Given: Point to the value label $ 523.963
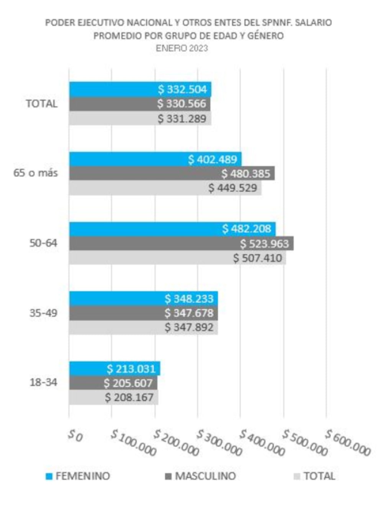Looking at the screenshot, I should [264, 244].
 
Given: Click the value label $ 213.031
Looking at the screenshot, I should [131, 369].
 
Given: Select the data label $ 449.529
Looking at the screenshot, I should [232, 188].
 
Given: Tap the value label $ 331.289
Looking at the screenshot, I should [182, 119].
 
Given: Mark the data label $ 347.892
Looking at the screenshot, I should [189, 328].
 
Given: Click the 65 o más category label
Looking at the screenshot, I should [36, 173].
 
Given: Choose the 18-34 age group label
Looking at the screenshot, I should [43, 382].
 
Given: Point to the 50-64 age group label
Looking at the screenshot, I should [43, 243].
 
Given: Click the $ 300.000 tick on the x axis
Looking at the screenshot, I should [219, 443].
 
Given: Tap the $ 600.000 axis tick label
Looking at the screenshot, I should [348, 443].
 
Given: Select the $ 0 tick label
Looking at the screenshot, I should [75, 436].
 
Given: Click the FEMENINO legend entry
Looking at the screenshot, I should [78, 476].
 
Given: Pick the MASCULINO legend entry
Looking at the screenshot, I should [200, 476].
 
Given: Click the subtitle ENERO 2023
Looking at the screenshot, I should [182, 48].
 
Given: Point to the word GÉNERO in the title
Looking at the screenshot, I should [265, 36].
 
